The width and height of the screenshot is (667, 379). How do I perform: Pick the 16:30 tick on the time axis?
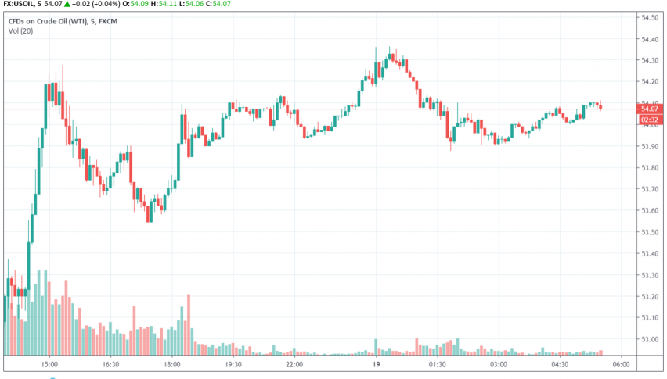[110, 364]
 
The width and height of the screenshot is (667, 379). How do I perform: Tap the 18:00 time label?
[171, 364]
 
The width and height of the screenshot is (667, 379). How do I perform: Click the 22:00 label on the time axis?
[294, 364]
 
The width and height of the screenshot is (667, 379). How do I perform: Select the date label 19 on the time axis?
[376, 364]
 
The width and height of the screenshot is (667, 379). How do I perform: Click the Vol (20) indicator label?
[21, 30]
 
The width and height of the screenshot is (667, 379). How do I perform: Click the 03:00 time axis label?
[498, 364]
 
